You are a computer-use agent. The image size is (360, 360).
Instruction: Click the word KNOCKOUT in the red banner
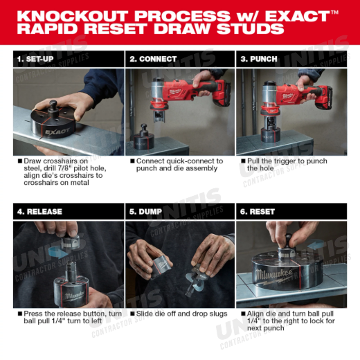(72, 16)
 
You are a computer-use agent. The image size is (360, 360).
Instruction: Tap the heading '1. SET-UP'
(35, 59)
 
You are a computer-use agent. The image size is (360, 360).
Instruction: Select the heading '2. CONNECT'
(153, 59)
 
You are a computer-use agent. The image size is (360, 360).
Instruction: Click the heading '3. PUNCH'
(259, 59)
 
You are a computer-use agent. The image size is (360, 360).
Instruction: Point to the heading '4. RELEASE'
(39, 212)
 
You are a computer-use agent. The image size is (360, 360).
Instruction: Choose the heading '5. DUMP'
(145, 212)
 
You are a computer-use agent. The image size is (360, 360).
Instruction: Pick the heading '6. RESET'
(258, 212)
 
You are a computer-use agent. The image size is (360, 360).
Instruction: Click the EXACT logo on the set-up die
(57, 132)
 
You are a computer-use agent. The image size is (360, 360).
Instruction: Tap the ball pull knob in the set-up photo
(53, 105)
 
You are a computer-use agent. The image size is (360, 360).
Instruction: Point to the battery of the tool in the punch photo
(324, 98)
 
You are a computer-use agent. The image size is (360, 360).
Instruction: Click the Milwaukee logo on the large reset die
(274, 276)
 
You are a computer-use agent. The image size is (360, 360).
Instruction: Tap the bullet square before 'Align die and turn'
(243, 314)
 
